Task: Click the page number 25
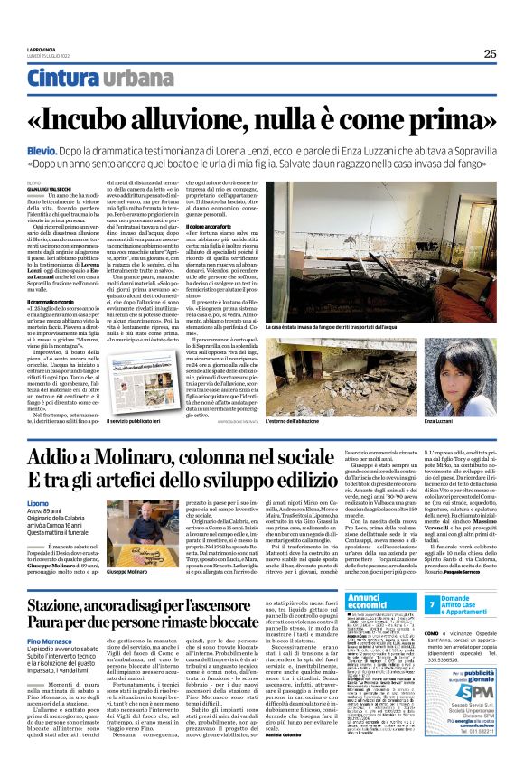pos(490,53)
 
